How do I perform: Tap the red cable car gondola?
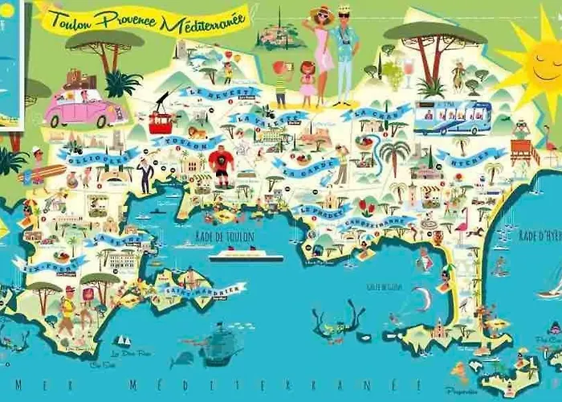[x=160, y=123]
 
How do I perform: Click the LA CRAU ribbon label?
[x=375, y=113]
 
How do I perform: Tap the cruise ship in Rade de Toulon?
[x=246, y=255]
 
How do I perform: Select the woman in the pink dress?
[x=323, y=52]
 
